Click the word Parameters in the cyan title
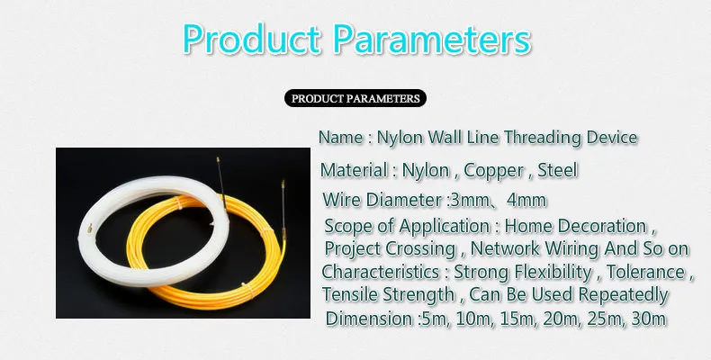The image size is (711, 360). coord(432,40)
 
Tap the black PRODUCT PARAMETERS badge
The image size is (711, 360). coord(355,98)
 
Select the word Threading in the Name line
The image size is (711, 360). coord(544,138)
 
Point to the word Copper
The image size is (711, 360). coord(494,171)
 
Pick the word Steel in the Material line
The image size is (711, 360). coord(558,170)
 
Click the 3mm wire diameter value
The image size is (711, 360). coord(468,201)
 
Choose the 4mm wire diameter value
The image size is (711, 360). coord(526,201)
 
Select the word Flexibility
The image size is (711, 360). coord(553,273)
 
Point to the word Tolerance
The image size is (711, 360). coord(645,272)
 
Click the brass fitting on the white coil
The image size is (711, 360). coord(91,229)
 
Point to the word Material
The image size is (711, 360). coord(354,170)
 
